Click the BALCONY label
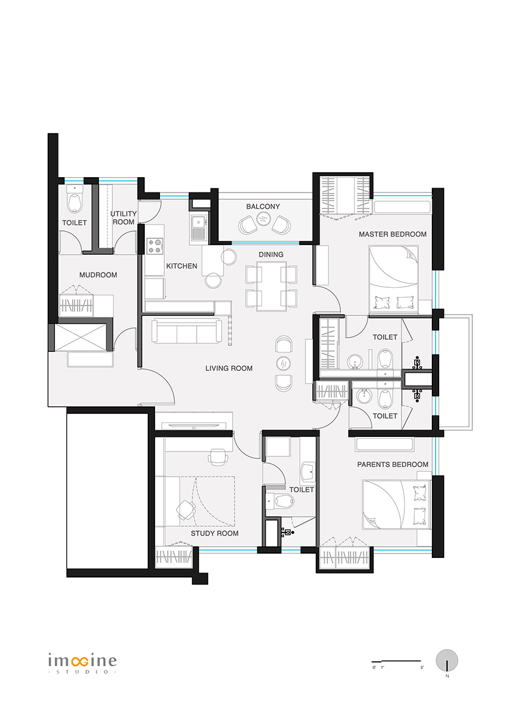263,207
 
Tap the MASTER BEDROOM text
393,235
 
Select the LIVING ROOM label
229,369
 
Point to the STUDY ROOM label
214,533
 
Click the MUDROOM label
98,275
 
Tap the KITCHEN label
181,266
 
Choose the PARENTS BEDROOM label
393,464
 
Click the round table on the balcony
263,219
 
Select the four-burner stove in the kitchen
155,246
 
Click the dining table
272,286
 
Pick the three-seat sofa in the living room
187,331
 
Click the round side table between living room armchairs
283,363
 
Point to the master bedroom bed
393,279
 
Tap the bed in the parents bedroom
396,504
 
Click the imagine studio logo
82,664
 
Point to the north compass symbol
447,661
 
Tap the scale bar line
396,661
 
